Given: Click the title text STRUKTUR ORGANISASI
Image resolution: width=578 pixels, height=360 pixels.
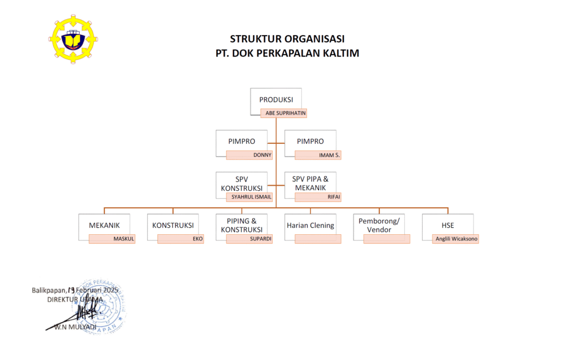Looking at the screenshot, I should (287, 39).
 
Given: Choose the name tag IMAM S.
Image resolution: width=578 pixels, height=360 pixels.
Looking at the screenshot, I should (331, 155).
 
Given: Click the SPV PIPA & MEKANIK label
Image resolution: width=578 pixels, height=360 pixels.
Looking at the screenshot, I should (310, 183).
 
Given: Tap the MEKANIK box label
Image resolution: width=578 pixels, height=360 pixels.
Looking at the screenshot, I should (104, 225).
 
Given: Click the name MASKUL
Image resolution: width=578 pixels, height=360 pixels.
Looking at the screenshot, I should (124, 239).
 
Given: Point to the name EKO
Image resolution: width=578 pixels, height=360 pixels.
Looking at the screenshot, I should (196, 239).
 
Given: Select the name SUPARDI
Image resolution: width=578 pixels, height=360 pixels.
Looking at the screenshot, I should (261, 239).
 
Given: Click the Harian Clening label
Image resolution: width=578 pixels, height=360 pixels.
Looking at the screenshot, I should (310, 225).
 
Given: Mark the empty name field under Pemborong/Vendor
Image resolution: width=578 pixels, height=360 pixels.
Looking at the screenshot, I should (387, 239).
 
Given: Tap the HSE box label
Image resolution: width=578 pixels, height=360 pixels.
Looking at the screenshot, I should (448, 225).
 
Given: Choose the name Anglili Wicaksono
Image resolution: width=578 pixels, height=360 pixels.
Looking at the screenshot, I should (456, 239).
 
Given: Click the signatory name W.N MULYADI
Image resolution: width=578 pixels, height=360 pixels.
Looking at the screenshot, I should (75, 327).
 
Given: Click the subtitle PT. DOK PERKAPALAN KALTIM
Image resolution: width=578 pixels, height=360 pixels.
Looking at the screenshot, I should (287, 54).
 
